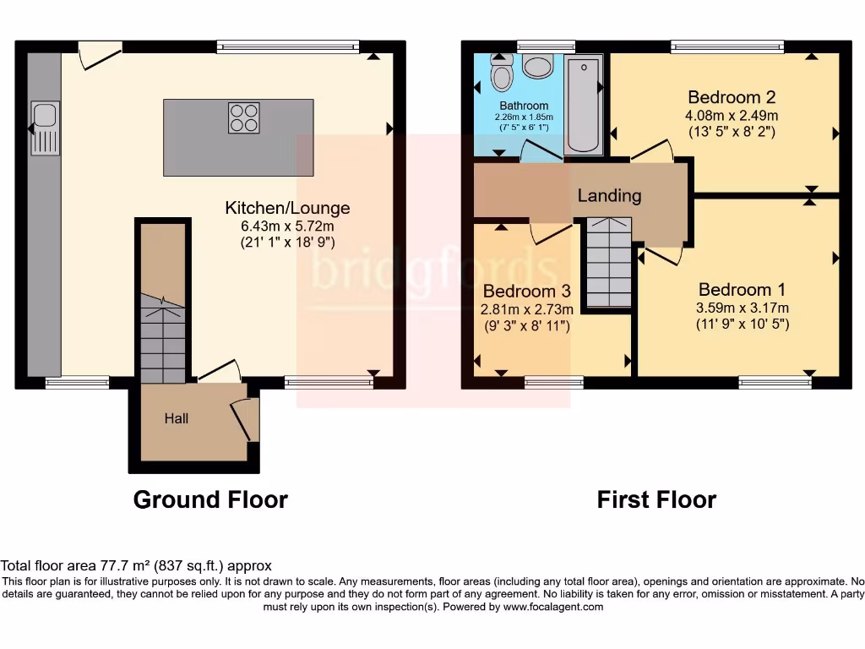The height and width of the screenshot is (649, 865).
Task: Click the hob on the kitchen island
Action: tap(243, 117)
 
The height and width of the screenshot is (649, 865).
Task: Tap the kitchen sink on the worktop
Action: tap(46, 128)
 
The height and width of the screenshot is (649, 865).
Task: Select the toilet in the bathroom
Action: tap(502, 74)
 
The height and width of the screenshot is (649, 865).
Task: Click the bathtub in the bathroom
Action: tap(583, 105)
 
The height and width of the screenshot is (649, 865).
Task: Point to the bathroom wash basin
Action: tap(536, 65)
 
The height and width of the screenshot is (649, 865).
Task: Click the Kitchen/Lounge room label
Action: tap(286, 208)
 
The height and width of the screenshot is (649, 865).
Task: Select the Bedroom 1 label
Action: tap(735, 290)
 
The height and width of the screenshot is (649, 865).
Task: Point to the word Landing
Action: tap(609, 196)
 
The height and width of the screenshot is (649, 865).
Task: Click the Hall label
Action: tap(177, 418)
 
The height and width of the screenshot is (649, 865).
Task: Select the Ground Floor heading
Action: tap(210, 500)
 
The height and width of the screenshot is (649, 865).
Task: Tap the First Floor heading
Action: tap(656, 500)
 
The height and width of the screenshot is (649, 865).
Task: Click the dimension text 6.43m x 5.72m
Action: tap(286, 226)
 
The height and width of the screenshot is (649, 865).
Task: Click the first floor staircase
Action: tap(608, 263)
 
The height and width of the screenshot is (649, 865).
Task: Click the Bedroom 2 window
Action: tap(726, 46)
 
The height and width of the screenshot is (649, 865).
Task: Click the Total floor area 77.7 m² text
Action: tap(136, 566)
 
